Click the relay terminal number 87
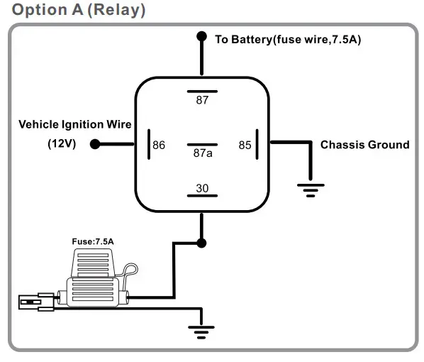[x=202, y=100]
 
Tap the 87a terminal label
[x=203, y=153]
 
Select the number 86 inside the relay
[x=159, y=145]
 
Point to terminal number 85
[x=245, y=145]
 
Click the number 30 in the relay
[x=202, y=188]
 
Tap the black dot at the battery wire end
[x=202, y=36]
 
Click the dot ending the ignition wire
[x=95, y=144]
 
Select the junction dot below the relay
[x=201, y=243]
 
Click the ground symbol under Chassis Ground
[x=311, y=190]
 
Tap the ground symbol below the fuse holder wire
[x=201, y=332]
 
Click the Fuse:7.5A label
[x=93, y=241]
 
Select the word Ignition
[x=83, y=124]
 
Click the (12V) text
[x=62, y=143]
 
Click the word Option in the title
[x=40, y=10]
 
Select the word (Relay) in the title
[x=116, y=10]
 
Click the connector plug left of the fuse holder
[x=36, y=302]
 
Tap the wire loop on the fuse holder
[x=130, y=270]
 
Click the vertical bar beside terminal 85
[x=257, y=144]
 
